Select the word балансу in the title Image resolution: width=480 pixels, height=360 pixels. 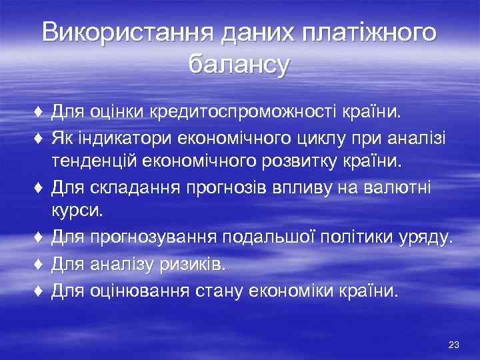point(239,65)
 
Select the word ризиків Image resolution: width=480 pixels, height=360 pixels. point(194,265)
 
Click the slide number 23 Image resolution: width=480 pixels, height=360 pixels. point(454,344)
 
